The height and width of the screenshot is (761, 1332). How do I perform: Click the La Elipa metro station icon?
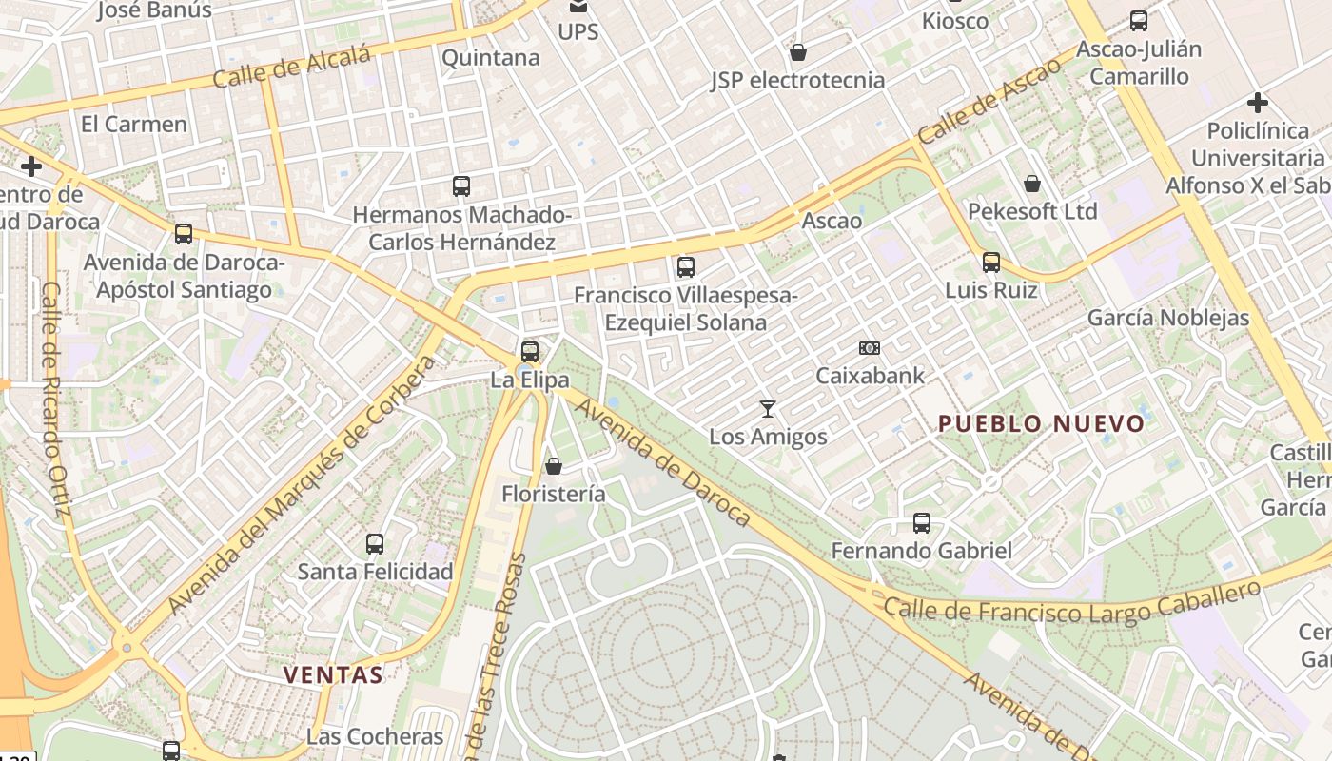tap(530, 351)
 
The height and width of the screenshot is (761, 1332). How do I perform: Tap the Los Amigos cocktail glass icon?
tap(768, 409)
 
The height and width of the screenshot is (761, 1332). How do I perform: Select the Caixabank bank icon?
tap(869, 348)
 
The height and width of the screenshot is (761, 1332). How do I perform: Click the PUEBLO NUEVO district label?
tap(1041, 424)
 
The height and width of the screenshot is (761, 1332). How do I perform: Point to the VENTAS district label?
tap(333, 675)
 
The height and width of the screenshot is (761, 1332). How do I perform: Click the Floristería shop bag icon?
tap(554, 466)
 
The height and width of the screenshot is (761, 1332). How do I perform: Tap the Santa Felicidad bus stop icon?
tap(375, 544)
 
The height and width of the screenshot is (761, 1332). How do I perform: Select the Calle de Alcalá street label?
tap(291, 68)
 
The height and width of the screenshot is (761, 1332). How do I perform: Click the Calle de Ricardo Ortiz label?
tap(56, 400)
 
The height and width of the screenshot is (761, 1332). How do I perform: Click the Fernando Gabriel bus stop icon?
tap(921, 522)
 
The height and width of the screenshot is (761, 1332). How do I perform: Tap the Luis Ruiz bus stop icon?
tap(991, 262)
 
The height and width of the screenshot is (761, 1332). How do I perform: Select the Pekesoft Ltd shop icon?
tap(1032, 184)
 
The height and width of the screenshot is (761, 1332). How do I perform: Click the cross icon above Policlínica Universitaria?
tap(1258, 103)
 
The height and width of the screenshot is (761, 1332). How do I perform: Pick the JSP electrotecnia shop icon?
tap(798, 52)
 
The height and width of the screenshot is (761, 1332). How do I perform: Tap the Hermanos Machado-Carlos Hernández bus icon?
tap(461, 186)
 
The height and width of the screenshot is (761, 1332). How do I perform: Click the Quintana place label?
tap(490, 58)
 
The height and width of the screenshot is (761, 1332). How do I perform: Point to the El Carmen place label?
tap(134, 124)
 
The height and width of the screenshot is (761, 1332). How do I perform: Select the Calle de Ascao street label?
tap(989, 102)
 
